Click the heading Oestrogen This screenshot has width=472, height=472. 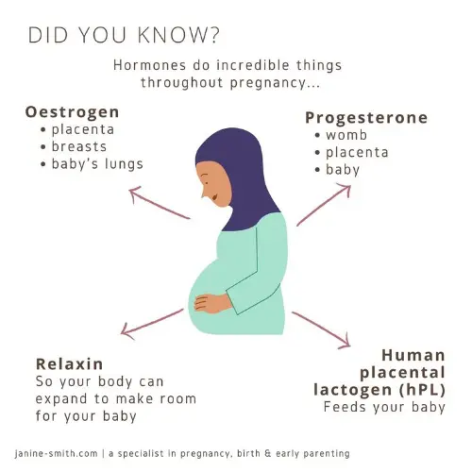pos(72,112)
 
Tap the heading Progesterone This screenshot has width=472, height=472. pos(366,118)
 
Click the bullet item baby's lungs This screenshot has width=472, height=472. pos(97,164)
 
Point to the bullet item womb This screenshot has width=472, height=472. pos(346,136)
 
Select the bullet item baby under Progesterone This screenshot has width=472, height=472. pos(345,170)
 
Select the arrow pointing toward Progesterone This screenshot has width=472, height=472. pos(324,207)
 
